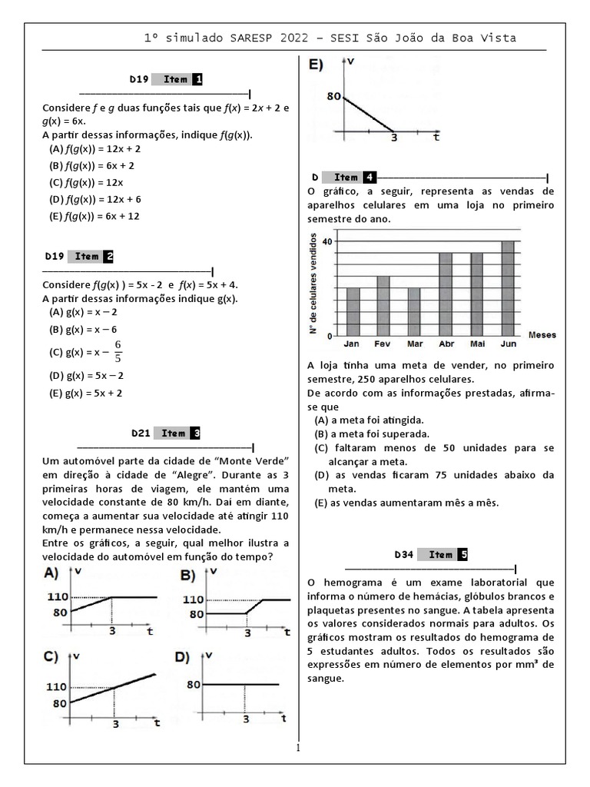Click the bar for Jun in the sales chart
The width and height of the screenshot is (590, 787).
coord(507,289)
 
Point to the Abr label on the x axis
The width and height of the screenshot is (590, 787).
coord(446,344)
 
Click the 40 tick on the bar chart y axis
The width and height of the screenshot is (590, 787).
coord(327,241)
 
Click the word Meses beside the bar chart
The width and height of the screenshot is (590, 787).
coord(542,335)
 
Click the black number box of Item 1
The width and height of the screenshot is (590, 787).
coord(197,79)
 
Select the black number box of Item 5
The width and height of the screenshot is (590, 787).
coord(462,554)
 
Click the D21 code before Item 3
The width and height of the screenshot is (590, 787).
coord(141,433)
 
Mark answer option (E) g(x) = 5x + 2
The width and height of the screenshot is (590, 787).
coord(85,393)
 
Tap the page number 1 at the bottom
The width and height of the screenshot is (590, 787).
coord(299,748)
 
